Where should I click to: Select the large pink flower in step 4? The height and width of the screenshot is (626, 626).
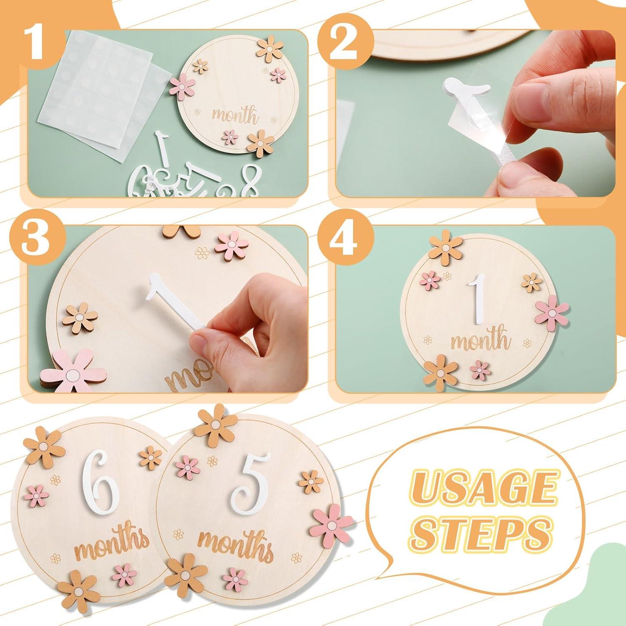point(551,312)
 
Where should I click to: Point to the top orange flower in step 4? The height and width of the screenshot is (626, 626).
point(446,247)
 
